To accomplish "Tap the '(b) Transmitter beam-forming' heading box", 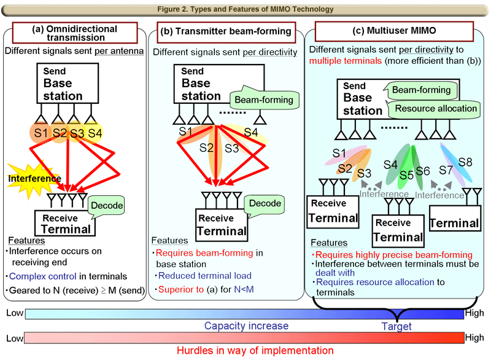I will pos(225,31).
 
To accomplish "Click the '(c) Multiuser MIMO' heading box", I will pos(385,30).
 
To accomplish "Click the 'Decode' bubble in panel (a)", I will pos(108,205).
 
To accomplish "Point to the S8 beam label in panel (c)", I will pos(466,163).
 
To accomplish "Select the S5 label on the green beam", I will pos(406,175).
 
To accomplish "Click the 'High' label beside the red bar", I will pos(474,338).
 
